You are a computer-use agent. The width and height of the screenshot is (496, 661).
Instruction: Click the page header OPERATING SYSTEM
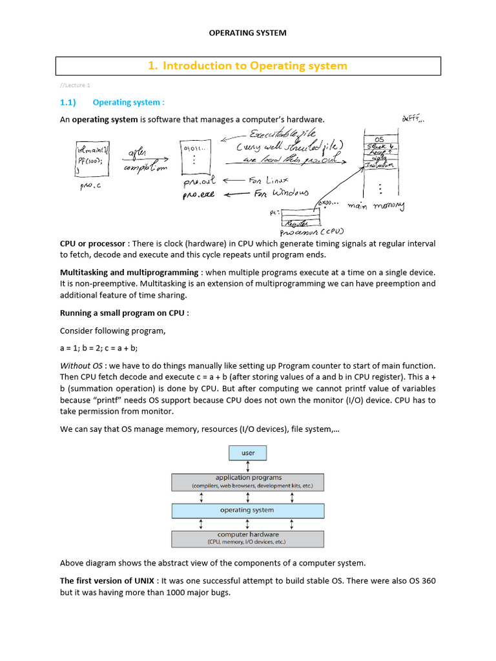(247, 32)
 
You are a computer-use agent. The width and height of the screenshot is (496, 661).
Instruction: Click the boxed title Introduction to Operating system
(247, 66)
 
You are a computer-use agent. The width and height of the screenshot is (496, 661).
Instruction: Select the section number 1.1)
(68, 102)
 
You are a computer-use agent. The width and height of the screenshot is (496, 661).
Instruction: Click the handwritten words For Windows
(281, 193)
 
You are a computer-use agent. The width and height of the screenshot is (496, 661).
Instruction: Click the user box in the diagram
(248, 453)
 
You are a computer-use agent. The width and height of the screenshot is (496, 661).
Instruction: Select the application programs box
(248, 482)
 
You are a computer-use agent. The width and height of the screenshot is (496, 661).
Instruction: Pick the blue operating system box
(248, 510)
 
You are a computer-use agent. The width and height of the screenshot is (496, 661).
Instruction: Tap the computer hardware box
(248, 538)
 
